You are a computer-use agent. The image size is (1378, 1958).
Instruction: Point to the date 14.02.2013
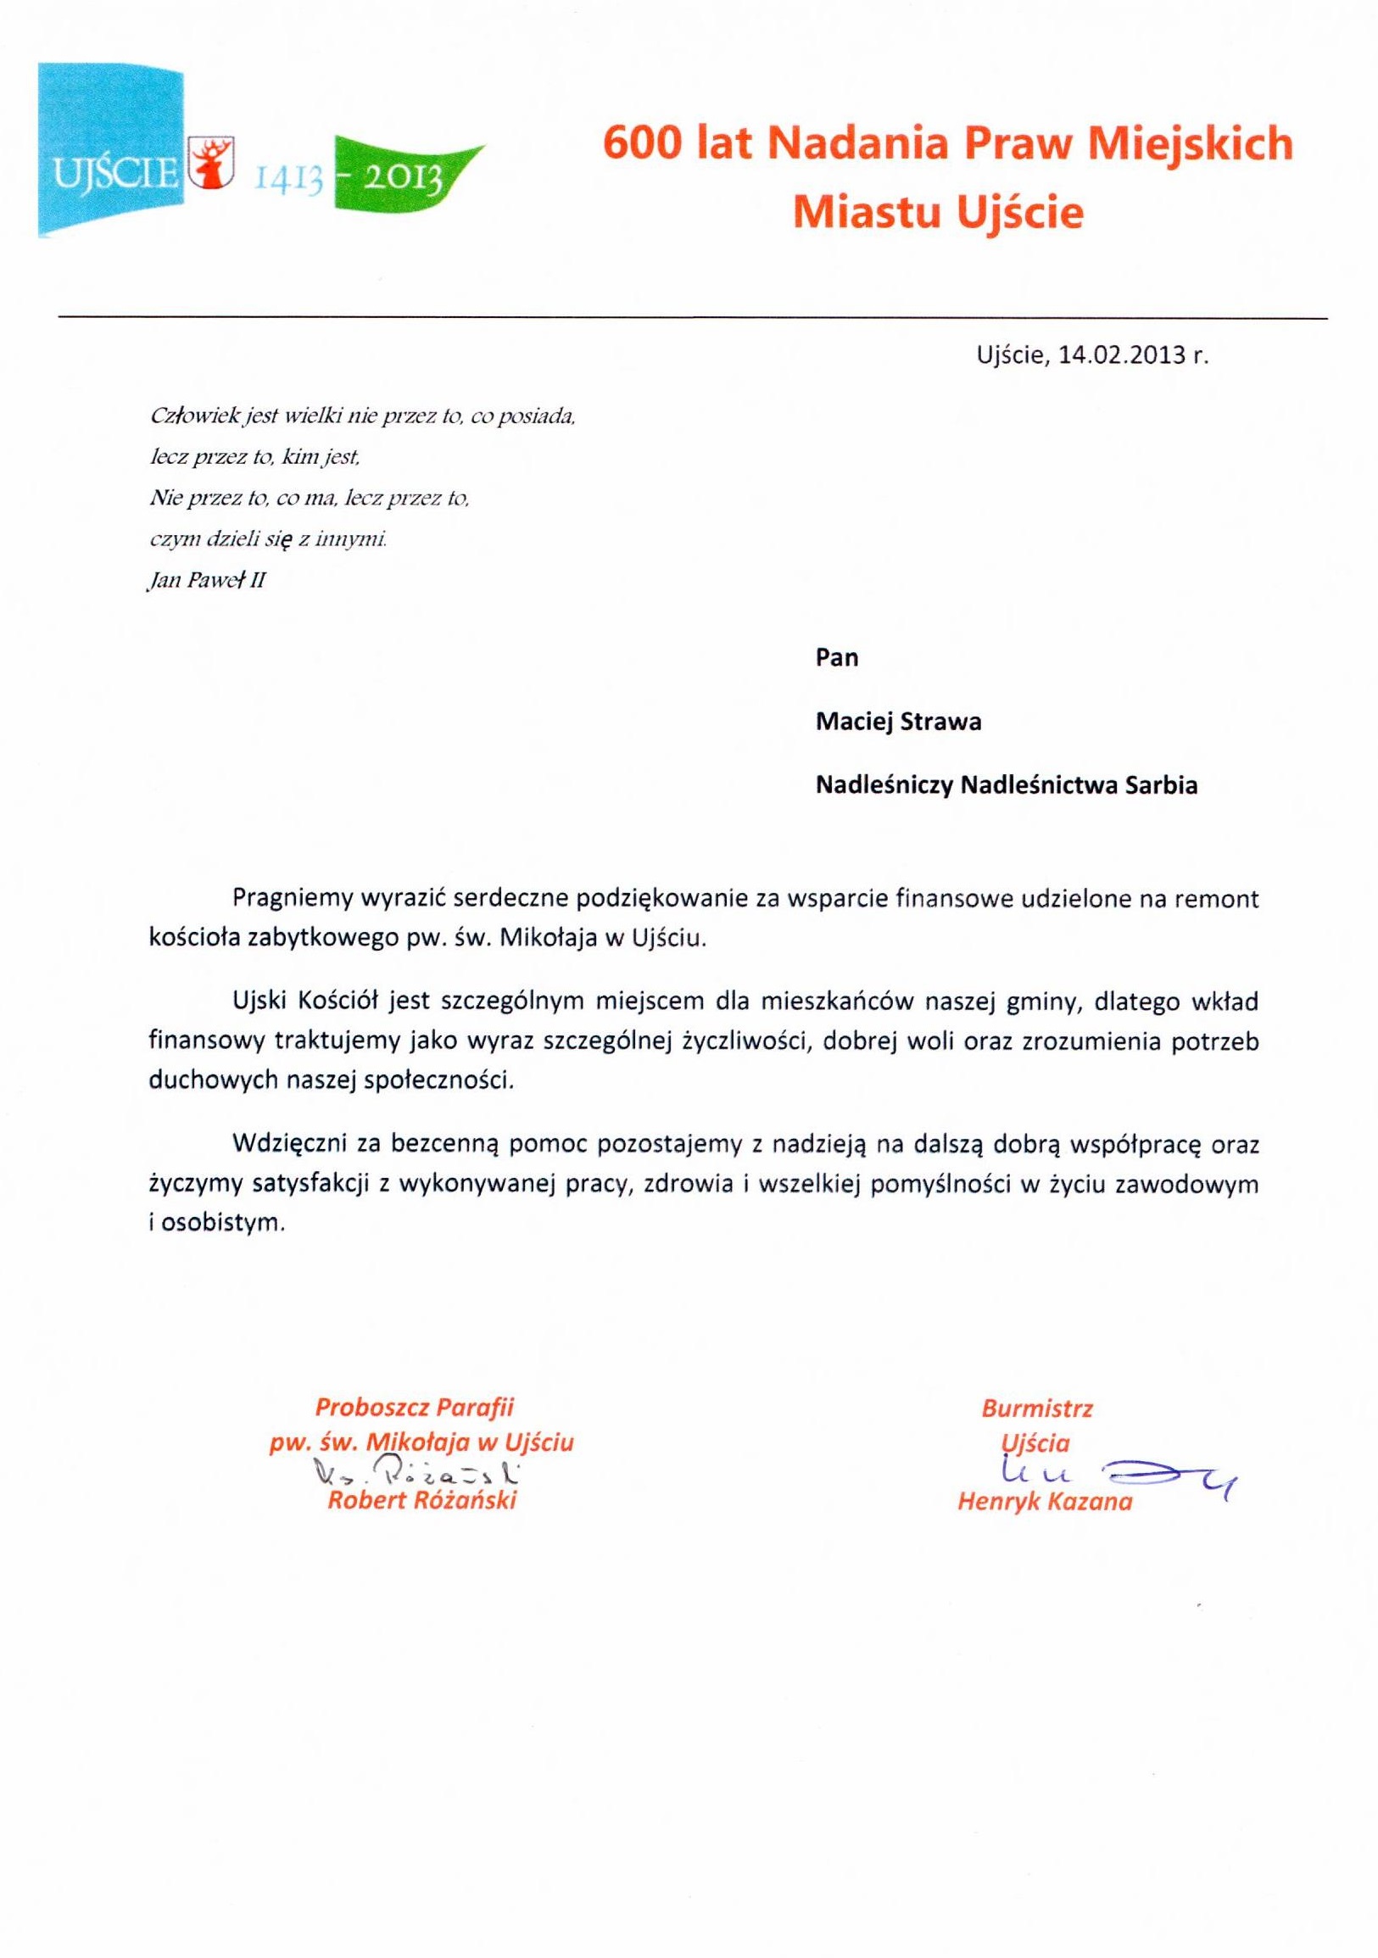point(1123,355)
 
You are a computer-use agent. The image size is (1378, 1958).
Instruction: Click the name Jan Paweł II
point(207,582)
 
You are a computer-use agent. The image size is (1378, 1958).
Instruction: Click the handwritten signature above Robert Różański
point(417,1472)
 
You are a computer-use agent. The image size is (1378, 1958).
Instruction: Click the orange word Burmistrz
point(1036,1409)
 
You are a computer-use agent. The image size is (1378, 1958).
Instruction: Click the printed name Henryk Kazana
point(1045,1502)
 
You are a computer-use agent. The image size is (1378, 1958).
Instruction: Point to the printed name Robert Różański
point(421,1501)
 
